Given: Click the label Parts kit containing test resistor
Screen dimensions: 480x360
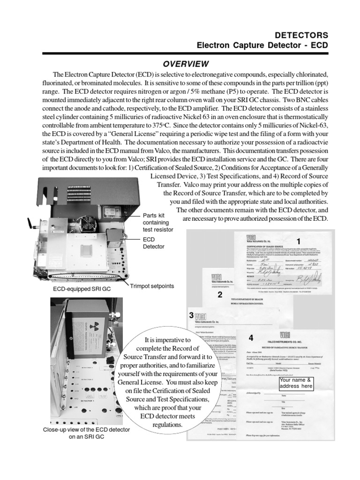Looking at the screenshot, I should pos(158,223).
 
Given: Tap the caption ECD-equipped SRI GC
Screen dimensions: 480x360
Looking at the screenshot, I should pos(82,289).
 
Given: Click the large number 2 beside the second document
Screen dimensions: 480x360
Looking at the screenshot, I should pos(220,295).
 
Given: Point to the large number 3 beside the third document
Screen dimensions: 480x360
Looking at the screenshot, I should pos(191,315).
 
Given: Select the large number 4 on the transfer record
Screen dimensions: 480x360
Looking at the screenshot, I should pos(251,337).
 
